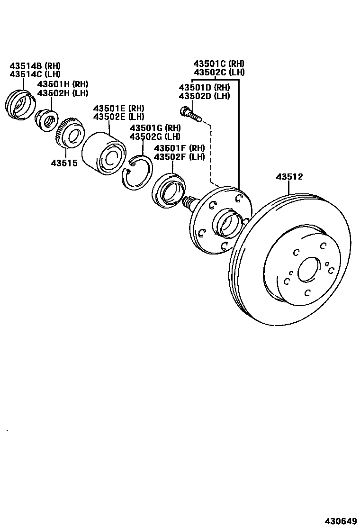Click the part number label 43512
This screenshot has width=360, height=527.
click(x=289, y=177)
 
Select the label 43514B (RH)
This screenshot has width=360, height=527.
click(x=35, y=66)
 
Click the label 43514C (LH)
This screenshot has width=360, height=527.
click(x=35, y=74)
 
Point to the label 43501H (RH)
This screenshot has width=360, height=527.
click(x=63, y=84)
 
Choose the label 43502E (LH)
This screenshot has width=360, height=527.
click(x=118, y=117)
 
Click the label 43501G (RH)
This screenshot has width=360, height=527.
click(x=155, y=128)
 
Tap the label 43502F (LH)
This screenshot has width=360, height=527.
click(x=179, y=157)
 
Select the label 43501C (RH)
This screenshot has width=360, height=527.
click(x=219, y=64)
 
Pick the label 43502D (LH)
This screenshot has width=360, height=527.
click(x=204, y=96)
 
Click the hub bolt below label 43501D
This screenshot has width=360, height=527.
click(x=190, y=113)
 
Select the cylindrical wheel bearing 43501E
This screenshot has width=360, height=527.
click(x=104, y=152)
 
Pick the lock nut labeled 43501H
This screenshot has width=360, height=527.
click(x=47, y=119)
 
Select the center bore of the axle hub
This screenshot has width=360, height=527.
click(x=229, y=223)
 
